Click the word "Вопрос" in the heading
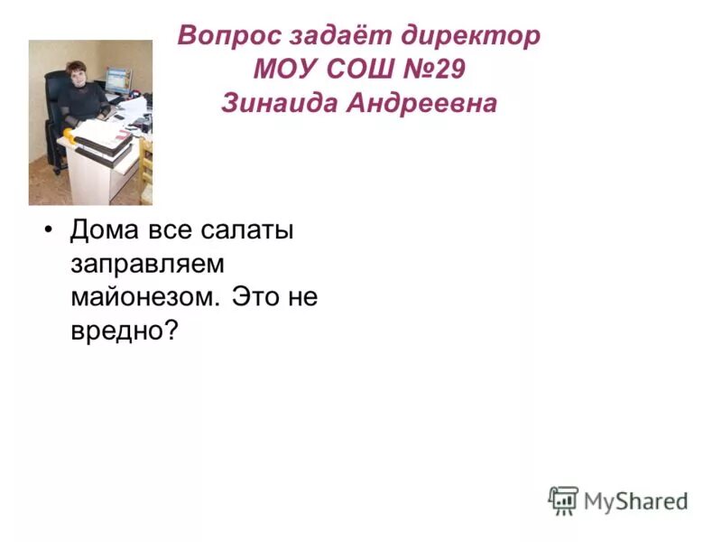pyautogui.click(x=227, y=36)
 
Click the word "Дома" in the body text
pyautogui.click(x=105, y=230)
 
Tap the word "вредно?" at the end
pyautogui.click(x=123, y=331)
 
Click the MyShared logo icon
pyautogui.click(x=563, y=500)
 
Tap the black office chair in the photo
pyautogui.click(x=57, y=126)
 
